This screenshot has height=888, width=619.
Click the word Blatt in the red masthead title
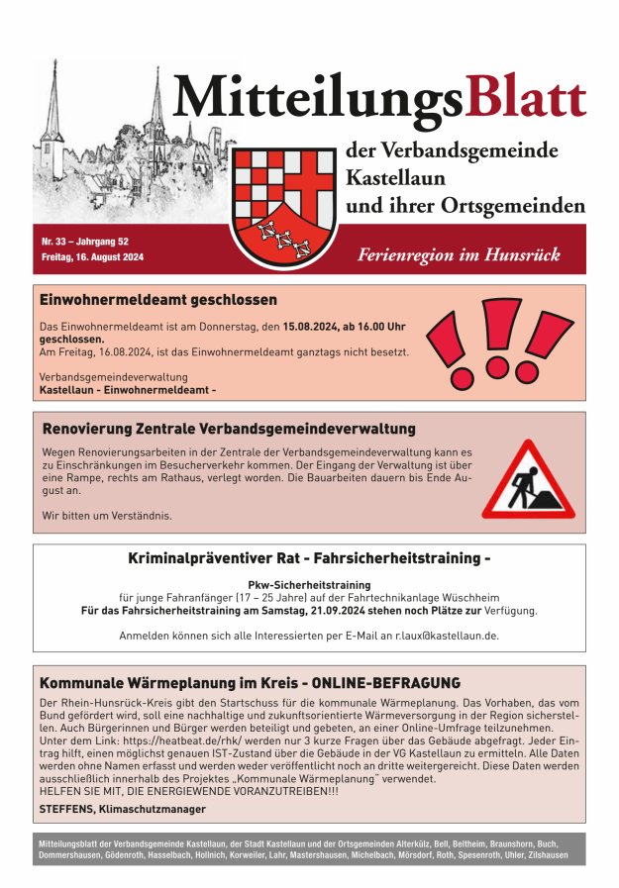[x=526, y=98]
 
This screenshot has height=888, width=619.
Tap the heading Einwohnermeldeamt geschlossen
[x=158, y=300]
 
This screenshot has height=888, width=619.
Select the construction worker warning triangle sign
[x=528, y=480]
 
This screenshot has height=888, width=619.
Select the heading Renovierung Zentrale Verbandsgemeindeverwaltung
[x=229, y=429]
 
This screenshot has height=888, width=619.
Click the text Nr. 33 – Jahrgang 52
[x=85, y=242]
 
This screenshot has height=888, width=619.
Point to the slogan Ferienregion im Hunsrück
[x=459, y=255]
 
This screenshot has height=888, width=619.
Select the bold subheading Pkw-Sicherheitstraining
[x=309, y=585]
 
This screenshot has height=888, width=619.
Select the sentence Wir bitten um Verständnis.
[x=107, y=515]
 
